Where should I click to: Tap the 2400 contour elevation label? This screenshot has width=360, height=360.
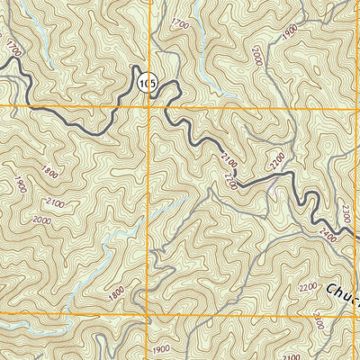pos(326,237)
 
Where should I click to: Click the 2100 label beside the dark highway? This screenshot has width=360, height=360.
pos(229,162)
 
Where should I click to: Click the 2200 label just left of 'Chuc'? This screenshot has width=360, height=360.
pos(308,287)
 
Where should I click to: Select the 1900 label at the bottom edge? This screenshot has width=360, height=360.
pos(160,349)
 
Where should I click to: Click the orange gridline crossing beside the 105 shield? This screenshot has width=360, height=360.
pos(149,107)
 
